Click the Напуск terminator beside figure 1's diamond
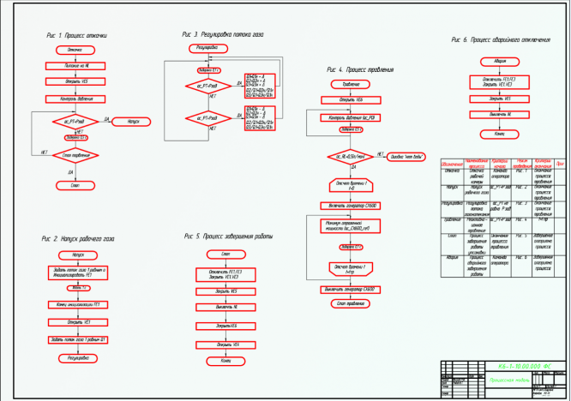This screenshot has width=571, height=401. click(132, 122)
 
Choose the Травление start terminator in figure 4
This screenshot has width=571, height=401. click(351, 84)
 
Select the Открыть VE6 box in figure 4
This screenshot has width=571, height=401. click(351, 99)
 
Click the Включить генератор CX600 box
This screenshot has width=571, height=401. click(351, 207)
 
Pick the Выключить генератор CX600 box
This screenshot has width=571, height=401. click(351, 290)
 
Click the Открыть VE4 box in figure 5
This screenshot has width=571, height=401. click(225, 344)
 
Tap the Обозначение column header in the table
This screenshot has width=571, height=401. click(452, 164)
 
